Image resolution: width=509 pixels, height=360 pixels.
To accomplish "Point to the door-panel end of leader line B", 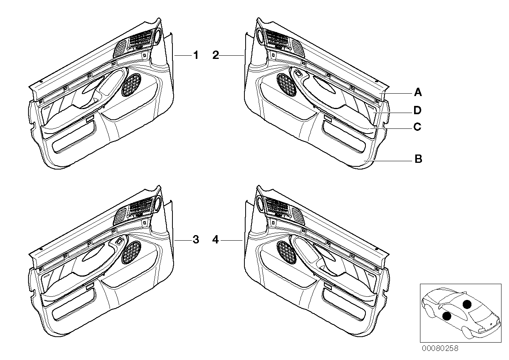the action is point(364,161).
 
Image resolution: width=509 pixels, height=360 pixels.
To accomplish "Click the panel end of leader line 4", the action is point(242,240).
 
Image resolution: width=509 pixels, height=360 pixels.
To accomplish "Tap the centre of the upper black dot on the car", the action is point(467,304).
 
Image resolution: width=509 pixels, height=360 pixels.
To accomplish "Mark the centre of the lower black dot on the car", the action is point(447,316).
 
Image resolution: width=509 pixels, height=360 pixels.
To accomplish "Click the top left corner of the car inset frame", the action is point(420,284).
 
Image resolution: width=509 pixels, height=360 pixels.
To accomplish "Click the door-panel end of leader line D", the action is point(374,113).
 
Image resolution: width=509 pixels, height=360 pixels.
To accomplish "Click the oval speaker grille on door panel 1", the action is point(131,85).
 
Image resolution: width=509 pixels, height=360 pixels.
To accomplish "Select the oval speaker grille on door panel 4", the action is point(287,252).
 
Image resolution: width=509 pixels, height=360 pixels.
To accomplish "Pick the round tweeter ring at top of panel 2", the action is point(259,35).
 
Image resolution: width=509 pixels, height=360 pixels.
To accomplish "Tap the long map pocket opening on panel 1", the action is point(74,137).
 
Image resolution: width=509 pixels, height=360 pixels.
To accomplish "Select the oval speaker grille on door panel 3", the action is point(131,253).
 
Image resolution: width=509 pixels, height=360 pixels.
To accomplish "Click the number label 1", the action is point(196,55).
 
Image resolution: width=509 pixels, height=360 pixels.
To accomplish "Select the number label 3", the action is point(196,240).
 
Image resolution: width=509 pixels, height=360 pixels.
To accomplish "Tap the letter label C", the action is point(417,127).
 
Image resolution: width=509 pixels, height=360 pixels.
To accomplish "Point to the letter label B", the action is point(418,159).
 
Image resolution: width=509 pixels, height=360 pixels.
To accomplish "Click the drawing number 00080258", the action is point(440,349).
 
